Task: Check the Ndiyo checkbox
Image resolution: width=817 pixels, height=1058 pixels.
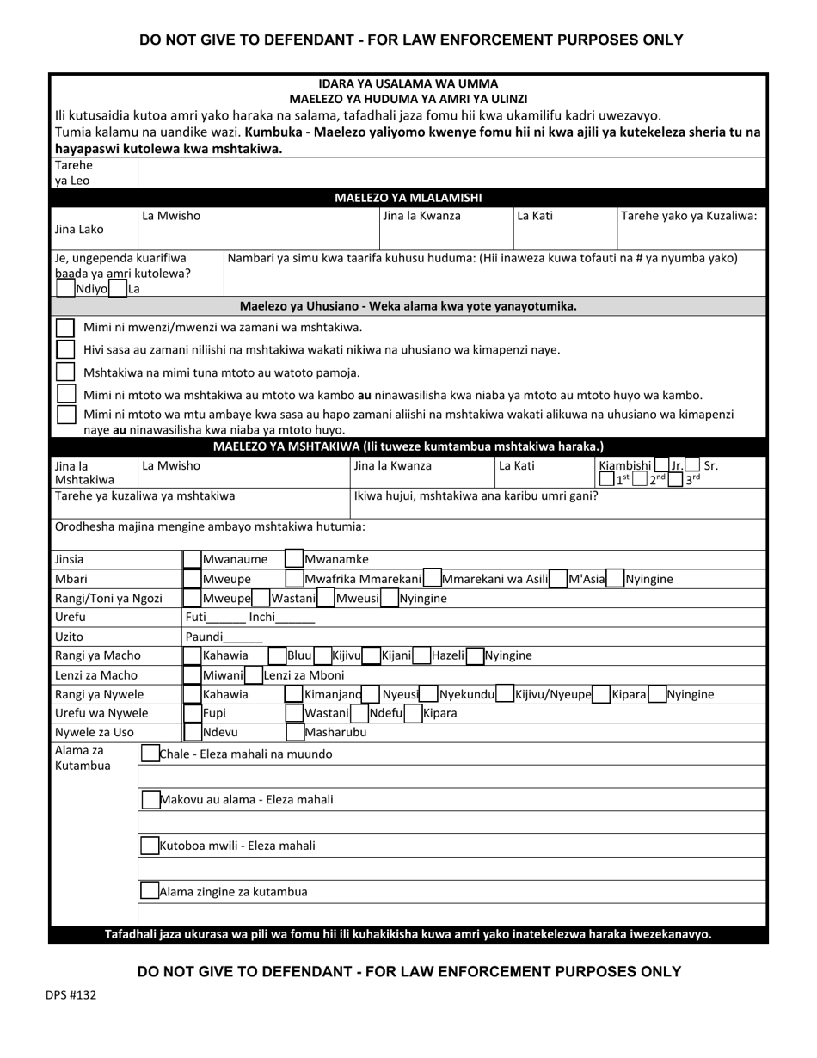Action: tap(64, 289)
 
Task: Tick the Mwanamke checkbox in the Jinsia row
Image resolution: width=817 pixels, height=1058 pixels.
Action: tap(293, 560)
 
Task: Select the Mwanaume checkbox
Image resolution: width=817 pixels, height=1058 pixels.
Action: tap(192, 560)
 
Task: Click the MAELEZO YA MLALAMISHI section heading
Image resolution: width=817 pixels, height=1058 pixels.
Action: tap(408, 197)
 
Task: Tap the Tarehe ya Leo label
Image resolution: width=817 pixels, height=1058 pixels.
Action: tap(75, 172)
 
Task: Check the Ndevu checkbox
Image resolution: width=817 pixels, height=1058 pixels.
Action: tap(192, 733)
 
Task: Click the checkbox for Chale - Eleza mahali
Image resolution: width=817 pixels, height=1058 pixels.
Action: tap(150, 754)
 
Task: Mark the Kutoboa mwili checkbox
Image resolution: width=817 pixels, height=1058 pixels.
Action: tap(150, 846)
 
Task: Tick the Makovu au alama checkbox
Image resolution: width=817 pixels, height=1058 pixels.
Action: tap(150, 800)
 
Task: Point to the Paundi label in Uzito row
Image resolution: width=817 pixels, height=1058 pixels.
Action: tap(204, 637)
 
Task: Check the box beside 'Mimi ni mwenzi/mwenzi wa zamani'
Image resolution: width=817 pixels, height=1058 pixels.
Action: tap(64, 328)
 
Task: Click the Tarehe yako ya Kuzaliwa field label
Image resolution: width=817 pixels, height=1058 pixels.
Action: tap(689, 216)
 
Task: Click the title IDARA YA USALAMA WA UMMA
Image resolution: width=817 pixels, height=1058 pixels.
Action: tap(408, 83)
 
